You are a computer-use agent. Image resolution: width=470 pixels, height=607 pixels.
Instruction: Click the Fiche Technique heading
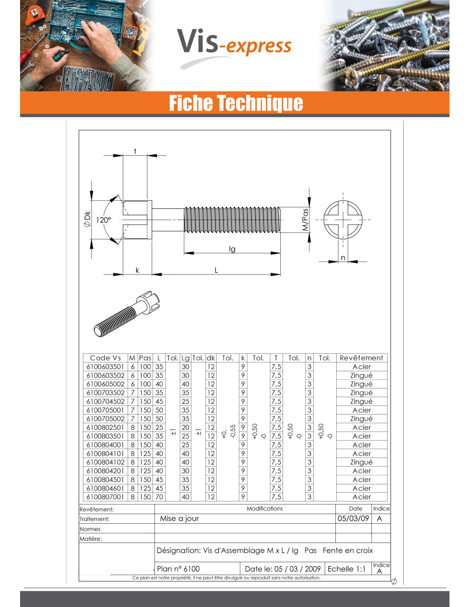[236, 103]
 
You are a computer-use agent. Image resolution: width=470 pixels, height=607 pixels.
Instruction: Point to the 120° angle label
[103, 220]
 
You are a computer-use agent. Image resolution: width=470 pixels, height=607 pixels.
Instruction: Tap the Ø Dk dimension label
[87, 219]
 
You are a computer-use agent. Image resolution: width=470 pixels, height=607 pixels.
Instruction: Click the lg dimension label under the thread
[232, 249]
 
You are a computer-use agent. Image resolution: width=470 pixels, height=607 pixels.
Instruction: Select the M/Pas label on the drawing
[305, 219]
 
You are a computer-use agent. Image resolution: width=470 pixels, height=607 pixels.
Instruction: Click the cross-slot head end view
[343, 220]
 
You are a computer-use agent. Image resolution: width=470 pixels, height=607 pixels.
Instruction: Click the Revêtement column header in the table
[361, 358]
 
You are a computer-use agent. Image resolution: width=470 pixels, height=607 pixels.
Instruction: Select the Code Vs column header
[105, 358]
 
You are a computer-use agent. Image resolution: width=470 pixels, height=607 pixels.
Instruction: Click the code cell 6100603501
[105, 367]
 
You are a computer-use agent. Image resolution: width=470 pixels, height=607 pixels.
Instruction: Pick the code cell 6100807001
[105, 497]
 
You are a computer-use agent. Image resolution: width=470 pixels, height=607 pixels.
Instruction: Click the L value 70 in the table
[159, 497]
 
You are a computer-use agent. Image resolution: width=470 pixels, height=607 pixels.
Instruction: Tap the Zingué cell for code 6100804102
[361, 462]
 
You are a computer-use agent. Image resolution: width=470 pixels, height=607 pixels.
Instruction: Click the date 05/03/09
[353, 519]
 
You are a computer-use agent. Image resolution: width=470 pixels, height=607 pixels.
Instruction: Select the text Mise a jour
[179, 519]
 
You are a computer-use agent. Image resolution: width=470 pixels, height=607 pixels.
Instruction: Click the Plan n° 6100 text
[178, 569]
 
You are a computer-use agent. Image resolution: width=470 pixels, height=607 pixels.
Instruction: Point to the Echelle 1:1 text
[347, 569]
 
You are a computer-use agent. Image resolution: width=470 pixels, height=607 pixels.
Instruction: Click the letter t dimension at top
[135, 151]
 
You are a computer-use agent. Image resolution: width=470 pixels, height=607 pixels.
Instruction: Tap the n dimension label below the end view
[343, 258]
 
